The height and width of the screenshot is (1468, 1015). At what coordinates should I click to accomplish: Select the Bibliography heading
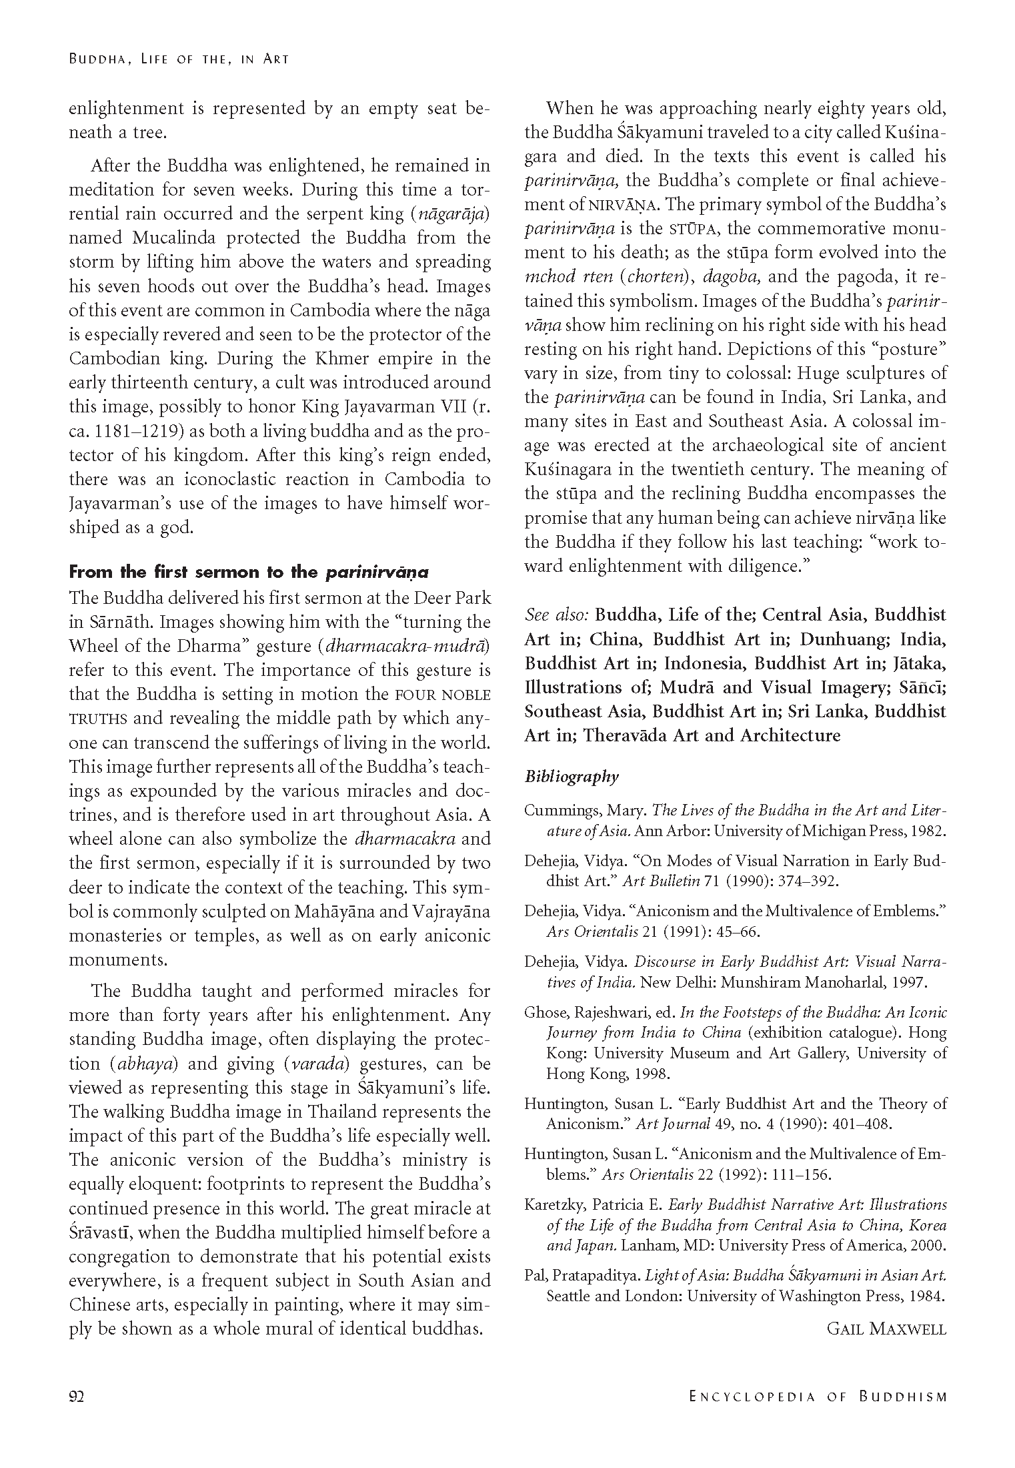(572, 776)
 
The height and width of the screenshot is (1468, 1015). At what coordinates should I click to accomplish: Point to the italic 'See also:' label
(556, 615)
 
